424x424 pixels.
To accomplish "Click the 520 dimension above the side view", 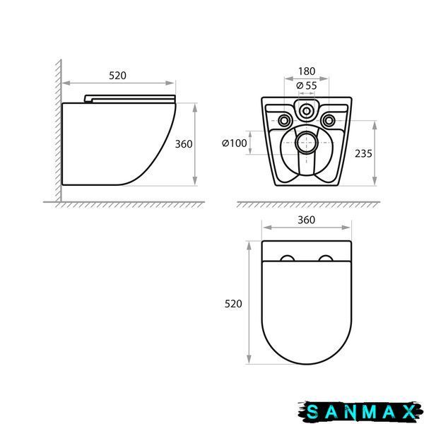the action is click(117, 76).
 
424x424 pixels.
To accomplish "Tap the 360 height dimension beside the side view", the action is click(184, 144).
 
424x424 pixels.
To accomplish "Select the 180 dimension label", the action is click(307, 71).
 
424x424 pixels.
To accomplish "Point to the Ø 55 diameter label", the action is click(307, 86).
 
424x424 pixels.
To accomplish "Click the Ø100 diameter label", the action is click(234, 143).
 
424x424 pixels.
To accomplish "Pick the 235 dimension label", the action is click(363, 153).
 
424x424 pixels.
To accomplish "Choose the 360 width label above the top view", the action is click(307, 220).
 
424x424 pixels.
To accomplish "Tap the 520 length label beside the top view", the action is click(233, 304).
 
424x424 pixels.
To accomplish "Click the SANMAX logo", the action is click(360, 411).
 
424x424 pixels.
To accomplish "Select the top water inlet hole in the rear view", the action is click(307, 111).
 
